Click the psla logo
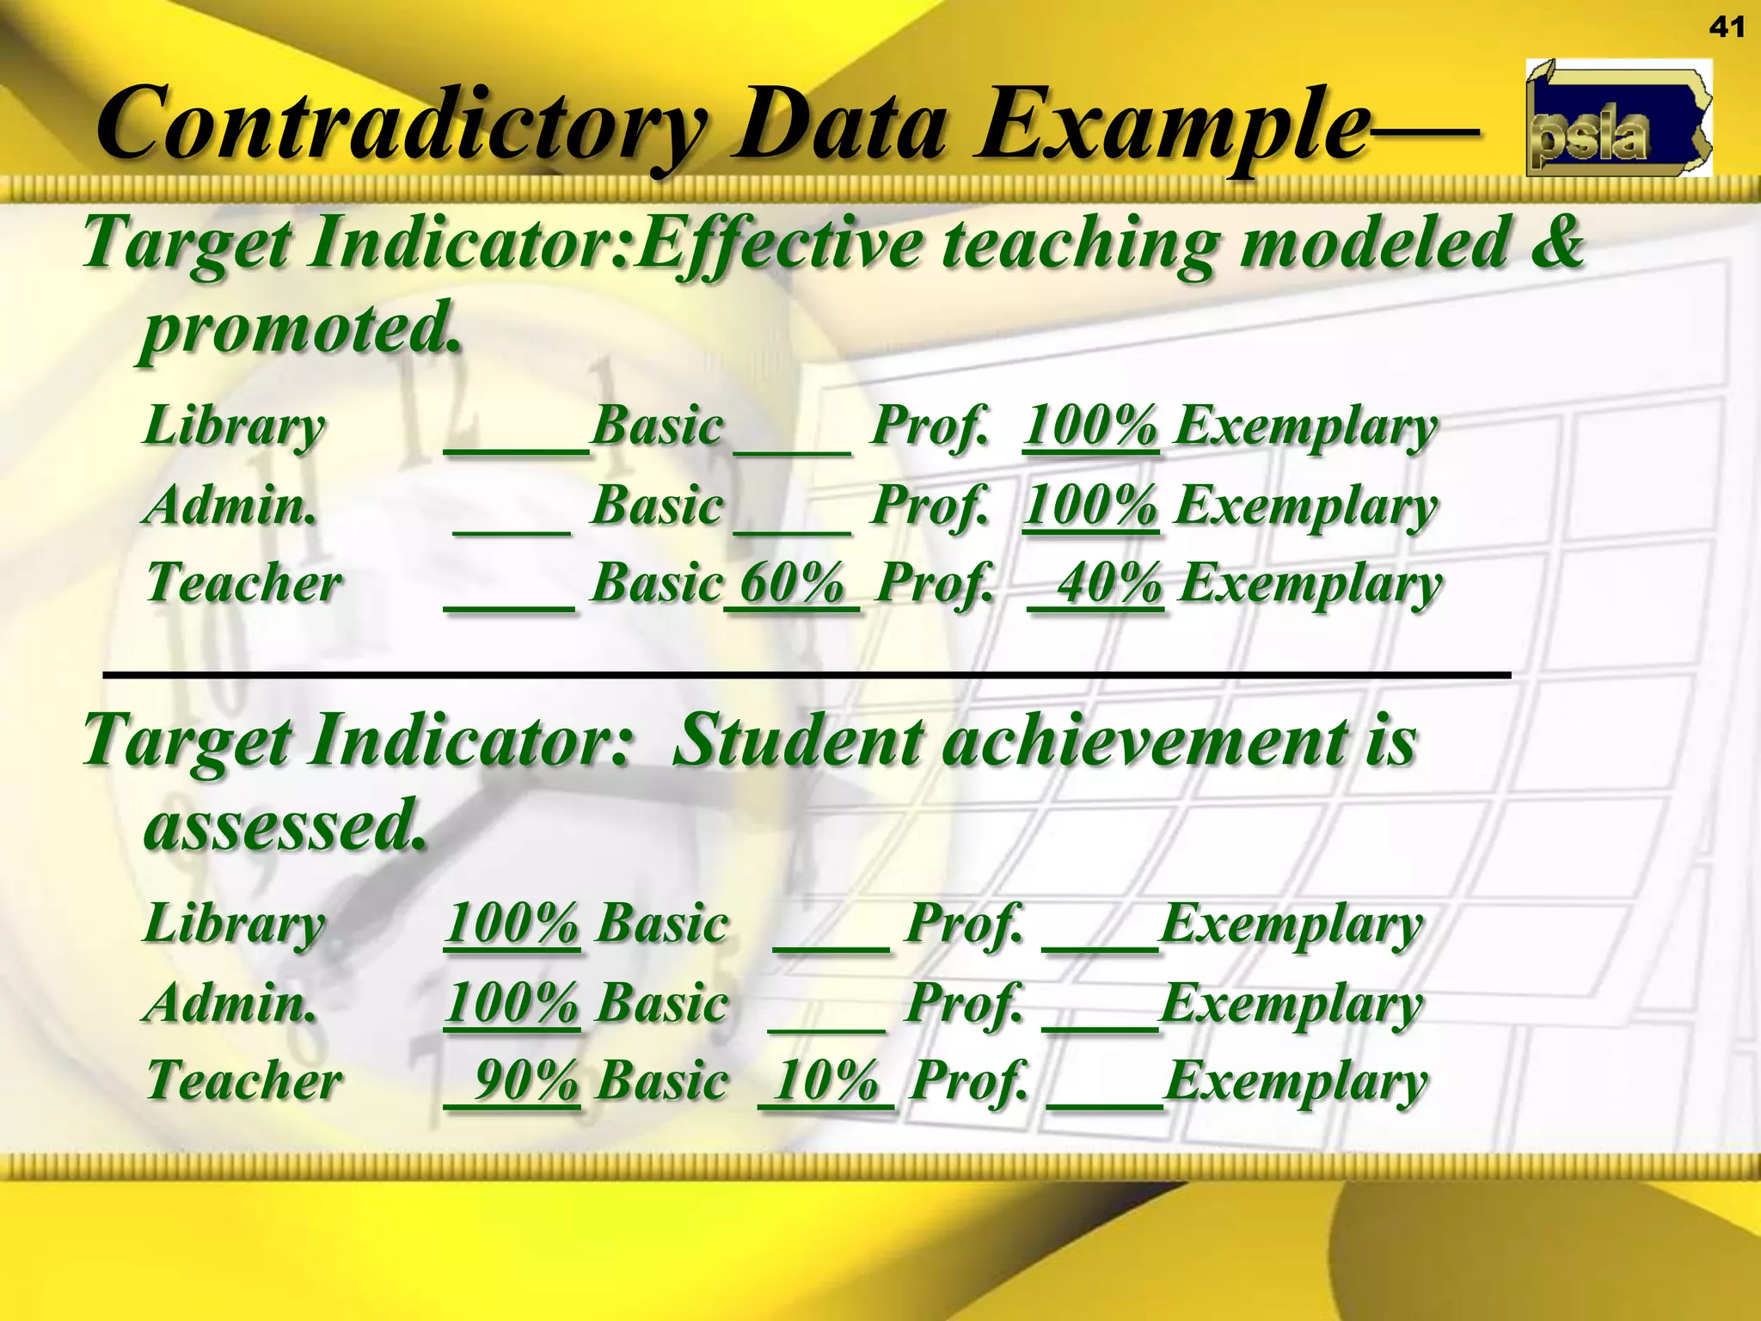click(x=1618, y=119)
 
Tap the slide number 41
click(x=1726, y=28)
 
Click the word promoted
click(x=301, y=329)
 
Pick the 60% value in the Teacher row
click(x=792, y=584)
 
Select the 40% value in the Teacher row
click(x=1109, y=584)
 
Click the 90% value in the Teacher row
click(x=525, y=1081)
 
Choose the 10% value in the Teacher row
click(x=826, y=1081)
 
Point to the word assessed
click(x=284, y=825)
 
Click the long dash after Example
click(x=1423, y=132)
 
